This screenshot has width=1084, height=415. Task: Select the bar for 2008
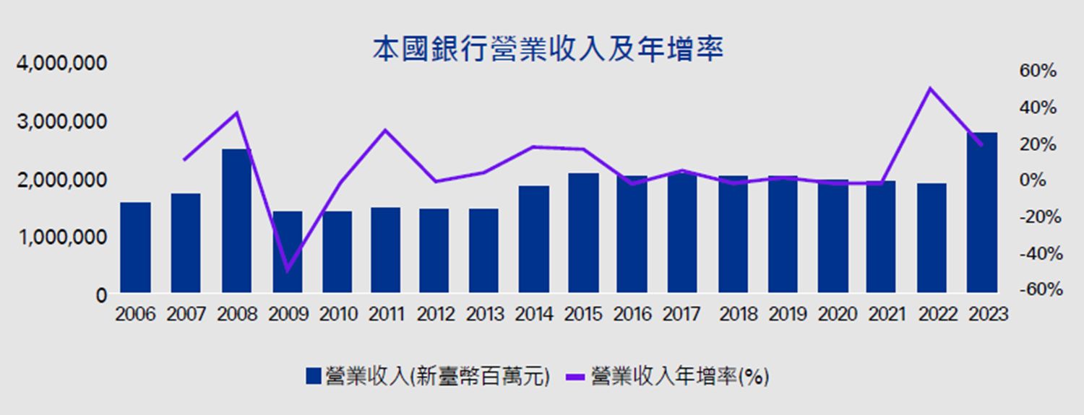click(236, 221)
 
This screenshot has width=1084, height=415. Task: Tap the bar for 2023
click(981, 213)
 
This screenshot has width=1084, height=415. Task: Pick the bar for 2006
click(136, 248)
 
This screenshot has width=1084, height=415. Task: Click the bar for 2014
click(534, 239)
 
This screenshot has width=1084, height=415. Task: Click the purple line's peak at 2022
click(930, 89)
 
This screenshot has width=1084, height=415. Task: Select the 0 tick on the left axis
click(102, 295)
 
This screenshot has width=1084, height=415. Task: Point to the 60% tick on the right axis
click(1038, 71)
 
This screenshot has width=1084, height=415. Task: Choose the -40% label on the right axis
click(1036, 253)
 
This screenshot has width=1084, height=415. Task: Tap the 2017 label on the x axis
click(682, 315)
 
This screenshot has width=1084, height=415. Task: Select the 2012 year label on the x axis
click(436, 315)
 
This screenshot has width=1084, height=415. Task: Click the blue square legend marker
click(314, 376)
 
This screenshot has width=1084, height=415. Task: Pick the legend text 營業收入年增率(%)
click(679, 376)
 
